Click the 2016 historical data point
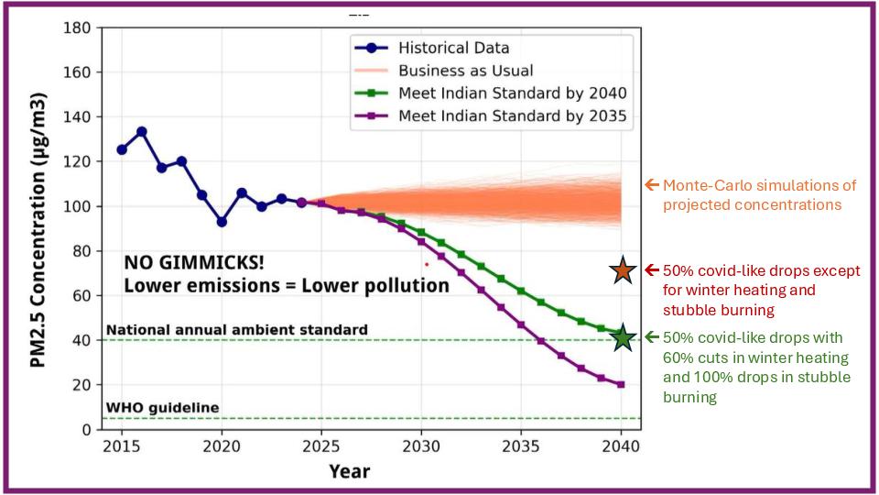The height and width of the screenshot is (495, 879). coord(141,132)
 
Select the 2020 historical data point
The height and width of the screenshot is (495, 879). coord(222,222)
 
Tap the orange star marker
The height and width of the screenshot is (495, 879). coord(623,270)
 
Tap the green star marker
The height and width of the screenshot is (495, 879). coord(623,338)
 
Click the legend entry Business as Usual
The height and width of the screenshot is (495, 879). coord(465,71)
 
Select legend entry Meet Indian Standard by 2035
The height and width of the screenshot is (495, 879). coord(512,115)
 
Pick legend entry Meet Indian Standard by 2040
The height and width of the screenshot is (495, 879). coord(512,93)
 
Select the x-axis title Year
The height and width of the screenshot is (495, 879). coord(350,471)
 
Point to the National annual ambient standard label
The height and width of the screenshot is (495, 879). coord(237,329)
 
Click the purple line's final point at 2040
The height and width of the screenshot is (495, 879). coord(621,384)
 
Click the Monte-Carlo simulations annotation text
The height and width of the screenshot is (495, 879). coord(760,194)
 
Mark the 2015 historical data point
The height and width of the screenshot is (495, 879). coord(122,149)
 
